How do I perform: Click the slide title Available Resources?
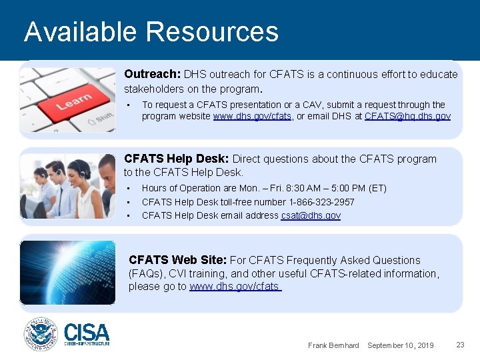(151, 31)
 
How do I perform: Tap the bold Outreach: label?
(152, 75)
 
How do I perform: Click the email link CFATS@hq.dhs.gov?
(407, 116)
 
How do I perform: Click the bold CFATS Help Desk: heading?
(177, 159)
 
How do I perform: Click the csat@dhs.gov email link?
(311, 215)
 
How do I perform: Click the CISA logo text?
(87, 332)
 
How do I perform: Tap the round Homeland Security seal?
(41, 333)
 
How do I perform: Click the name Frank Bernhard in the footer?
(333, 345)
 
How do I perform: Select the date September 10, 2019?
(400, 345)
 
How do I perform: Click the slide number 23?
(460, 345)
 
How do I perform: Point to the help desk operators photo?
(67, 186)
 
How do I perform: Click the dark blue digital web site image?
(67, 272)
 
